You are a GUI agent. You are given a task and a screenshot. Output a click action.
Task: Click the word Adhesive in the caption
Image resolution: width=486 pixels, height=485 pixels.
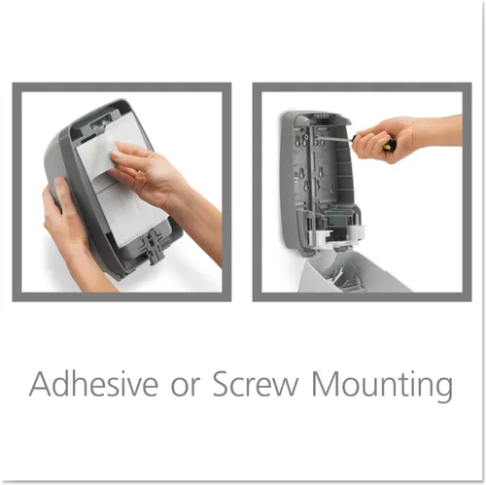pyautogui.click(x=93, y=384)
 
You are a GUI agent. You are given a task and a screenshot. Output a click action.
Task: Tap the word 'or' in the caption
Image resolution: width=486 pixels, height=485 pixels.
pyautogui.click(x=185, y=388)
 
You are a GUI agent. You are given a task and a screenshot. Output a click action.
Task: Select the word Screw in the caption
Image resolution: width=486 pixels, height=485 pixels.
pyautogui.click(x=256, y=384)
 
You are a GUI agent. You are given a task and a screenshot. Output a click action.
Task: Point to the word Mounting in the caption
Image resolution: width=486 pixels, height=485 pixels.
pyautogui.click(x=382, y=387)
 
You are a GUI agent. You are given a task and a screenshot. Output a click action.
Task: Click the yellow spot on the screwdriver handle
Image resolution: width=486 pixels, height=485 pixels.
pyautogui.click(x=387, y=147)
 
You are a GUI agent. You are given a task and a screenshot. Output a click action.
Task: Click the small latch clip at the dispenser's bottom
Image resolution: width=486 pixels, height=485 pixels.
pyautogui.click(x=152, y=245)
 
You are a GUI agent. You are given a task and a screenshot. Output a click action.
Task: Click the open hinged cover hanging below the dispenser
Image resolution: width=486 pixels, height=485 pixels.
pyautogui.click(x=353, y=272)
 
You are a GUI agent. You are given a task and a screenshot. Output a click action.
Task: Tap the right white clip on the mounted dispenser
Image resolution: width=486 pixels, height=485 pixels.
pyautogui.click(x=357, y=230)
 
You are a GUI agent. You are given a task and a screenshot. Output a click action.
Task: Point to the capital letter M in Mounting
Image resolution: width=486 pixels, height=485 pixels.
pyautogui.click(x=325, y=384)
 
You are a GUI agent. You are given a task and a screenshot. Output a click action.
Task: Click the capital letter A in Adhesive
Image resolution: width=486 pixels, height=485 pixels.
pyautogui.click(x=41, y=384)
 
